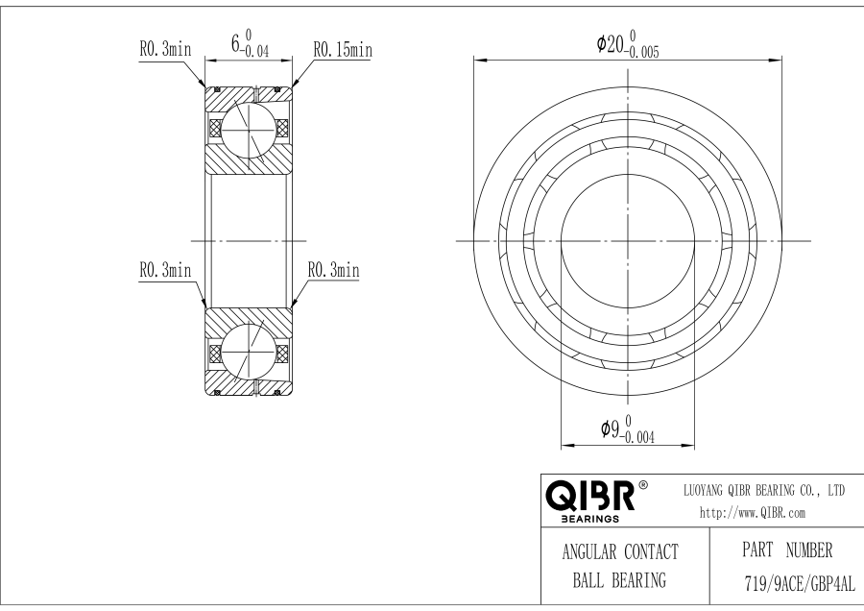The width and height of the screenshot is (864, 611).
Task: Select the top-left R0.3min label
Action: coord(165,49)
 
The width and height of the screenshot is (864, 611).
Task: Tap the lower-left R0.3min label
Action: coord(165,272)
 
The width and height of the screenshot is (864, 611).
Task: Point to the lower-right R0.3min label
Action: coord(332,272)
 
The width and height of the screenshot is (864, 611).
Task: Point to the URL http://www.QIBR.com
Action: coord(753,513)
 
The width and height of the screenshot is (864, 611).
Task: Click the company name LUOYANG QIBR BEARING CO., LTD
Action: coord(763,490)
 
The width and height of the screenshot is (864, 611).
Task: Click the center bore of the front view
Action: coord(629,239)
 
